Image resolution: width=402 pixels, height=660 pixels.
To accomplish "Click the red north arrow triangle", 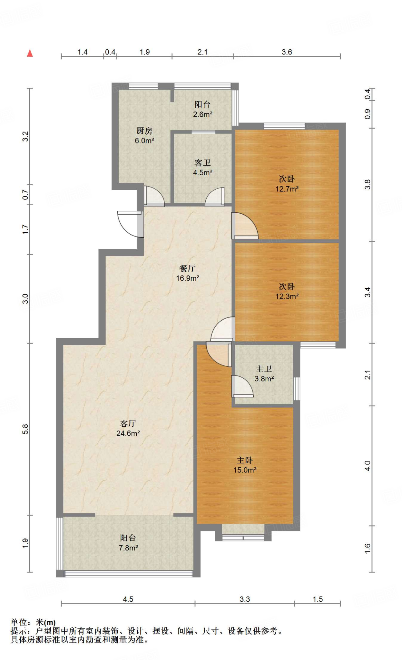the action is (30, 53).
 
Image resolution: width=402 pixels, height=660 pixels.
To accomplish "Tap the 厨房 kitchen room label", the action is (144, 131).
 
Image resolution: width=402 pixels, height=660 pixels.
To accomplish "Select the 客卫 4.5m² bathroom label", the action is (202, 168).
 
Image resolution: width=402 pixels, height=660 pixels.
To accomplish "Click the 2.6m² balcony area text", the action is (202, 114).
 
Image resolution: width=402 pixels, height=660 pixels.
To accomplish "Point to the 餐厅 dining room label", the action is (187, 268).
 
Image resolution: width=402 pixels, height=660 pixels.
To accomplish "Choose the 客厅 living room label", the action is (128, 423).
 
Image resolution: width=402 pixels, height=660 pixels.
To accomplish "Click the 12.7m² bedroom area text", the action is (287, 189).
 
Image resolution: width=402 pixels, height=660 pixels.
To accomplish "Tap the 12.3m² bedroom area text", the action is (287, 296).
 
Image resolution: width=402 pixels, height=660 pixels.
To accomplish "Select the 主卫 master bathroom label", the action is (264, 369).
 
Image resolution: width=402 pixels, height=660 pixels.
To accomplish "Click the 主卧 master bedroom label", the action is (245, 460).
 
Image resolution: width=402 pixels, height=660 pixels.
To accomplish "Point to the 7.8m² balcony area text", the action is (128, 548).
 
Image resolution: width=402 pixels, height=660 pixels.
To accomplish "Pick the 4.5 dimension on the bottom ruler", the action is (128, 599).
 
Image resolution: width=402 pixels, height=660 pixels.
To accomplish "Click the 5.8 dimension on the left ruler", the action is (25, 429).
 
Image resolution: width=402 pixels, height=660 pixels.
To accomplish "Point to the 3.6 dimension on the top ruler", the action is (287, 52).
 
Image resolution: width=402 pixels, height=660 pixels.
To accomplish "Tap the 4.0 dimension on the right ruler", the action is (368, 466).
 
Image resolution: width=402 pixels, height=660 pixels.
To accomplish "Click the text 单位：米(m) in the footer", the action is (33, 622).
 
